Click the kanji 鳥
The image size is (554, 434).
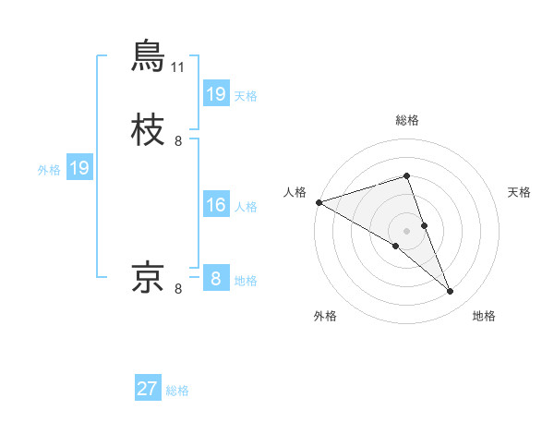pos(149,55)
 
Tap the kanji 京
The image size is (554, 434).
pos(149,276)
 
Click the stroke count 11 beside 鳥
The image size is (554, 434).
pos(178,67)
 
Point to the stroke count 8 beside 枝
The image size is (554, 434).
pos(178,141)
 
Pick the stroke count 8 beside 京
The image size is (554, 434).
pos(178,289)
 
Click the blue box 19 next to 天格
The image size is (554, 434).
pos(215,93)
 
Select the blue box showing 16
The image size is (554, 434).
pos(215,204)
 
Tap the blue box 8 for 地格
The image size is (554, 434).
pos(215,278)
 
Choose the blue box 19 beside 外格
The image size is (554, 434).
pos(78,168)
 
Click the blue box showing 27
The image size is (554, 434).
pos(148,389)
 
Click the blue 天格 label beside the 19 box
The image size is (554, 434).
pos(246,95)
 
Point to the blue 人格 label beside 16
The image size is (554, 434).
pos(246,206)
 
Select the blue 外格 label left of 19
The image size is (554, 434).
pos(49,169)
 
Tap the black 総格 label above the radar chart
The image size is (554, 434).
pos(407,121)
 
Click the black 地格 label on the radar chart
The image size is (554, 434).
pos(484,316)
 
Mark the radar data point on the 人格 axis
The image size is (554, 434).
pos(319,202)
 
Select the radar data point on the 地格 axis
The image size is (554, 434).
pos(450,291)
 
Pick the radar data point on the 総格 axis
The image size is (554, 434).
pos(407,175)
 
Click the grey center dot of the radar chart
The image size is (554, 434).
pos(407,230)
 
